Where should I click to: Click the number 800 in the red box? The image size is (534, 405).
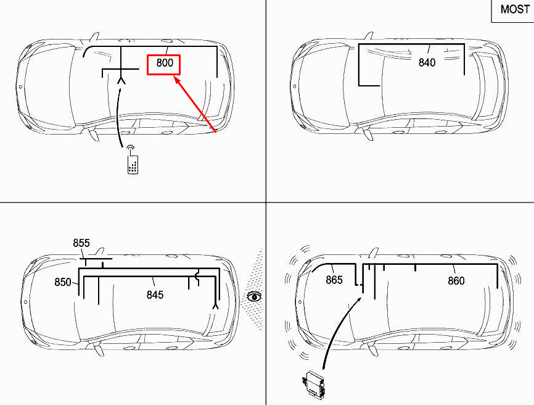[x=165, y=63]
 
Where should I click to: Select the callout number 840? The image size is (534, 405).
[x=427, y=62]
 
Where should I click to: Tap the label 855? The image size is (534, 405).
[x=81, y=243]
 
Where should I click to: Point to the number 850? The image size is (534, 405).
[x=63, y=282]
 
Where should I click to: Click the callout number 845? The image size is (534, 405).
[x=155, y=294]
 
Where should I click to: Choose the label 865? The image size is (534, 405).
[x=334, y=280]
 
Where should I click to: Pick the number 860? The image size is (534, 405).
[x=456, y=280]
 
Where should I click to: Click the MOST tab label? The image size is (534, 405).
[x=515, y=9]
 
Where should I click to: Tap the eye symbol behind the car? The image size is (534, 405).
[x=254, y=296]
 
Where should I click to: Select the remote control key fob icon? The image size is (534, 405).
[x=133, y=165]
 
